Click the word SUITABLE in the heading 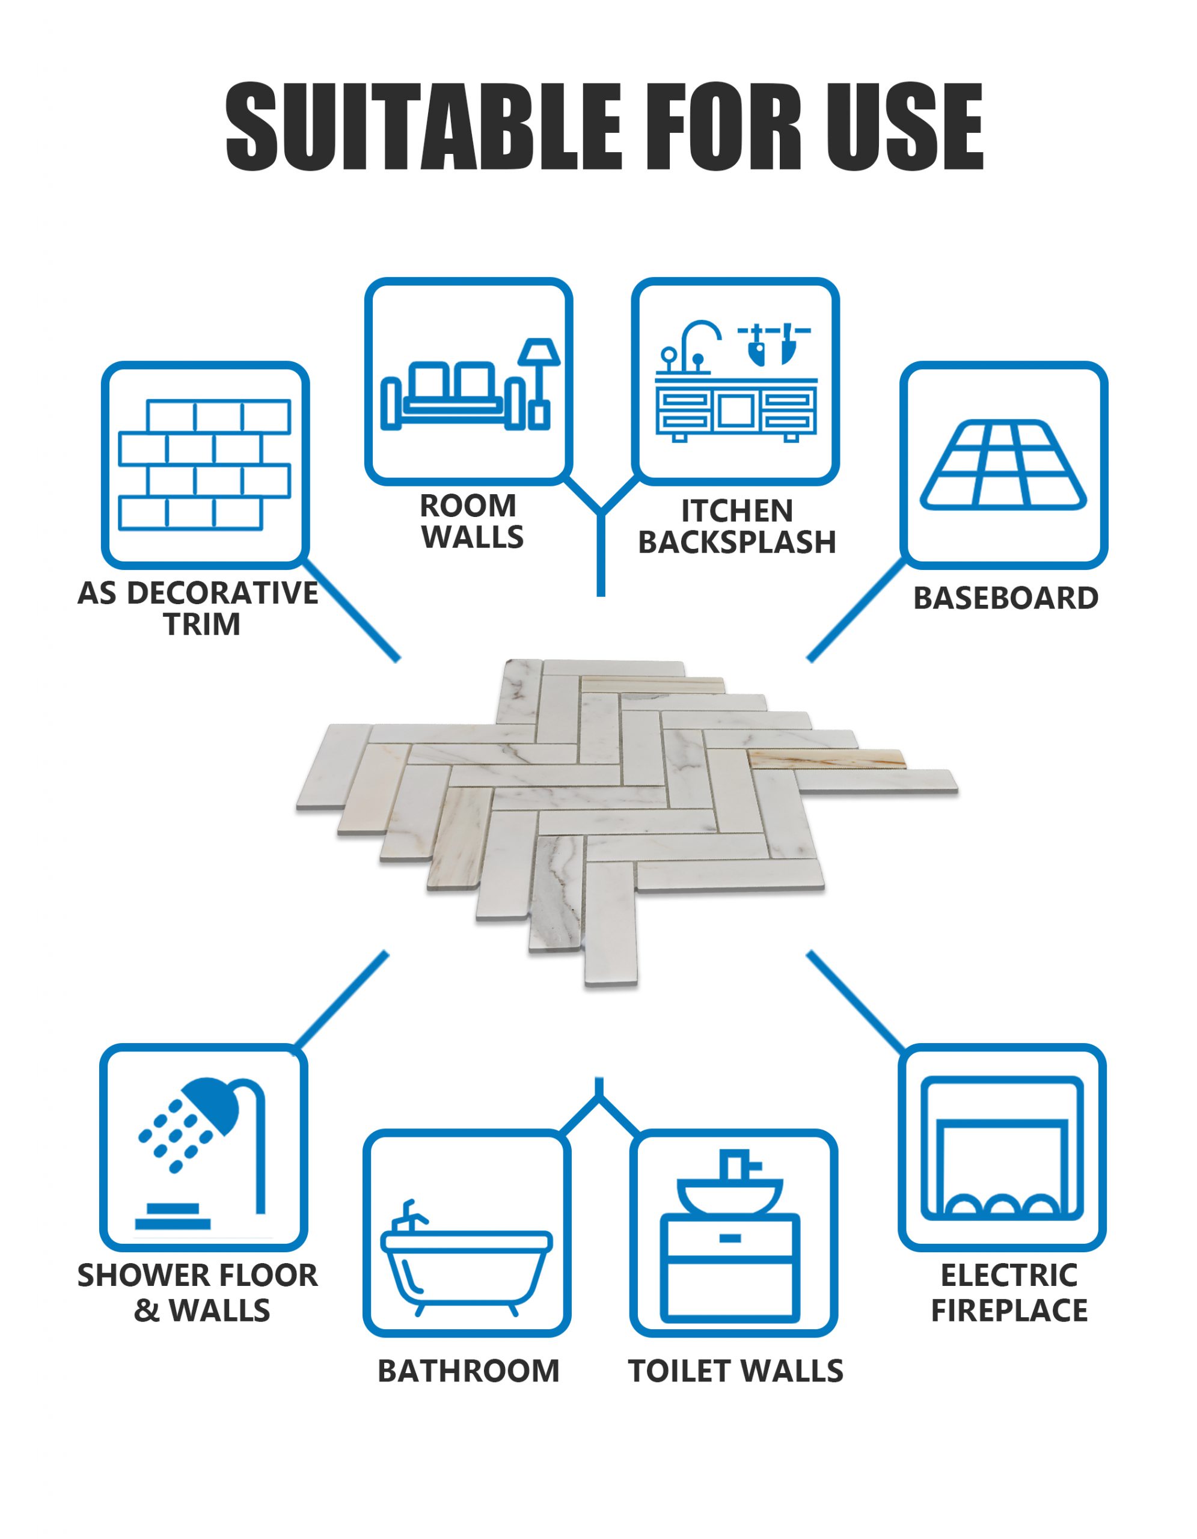[x=423, y=127]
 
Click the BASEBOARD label [x=1005, y=598]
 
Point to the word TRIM [x=202, y=625]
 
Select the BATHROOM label [x=468, y=1371]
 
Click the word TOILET [x=679, y=1371]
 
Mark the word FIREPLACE [x=1009, y=1311]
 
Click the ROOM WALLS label [x=471, y=521]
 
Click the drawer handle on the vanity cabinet [x=730, y=1238]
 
